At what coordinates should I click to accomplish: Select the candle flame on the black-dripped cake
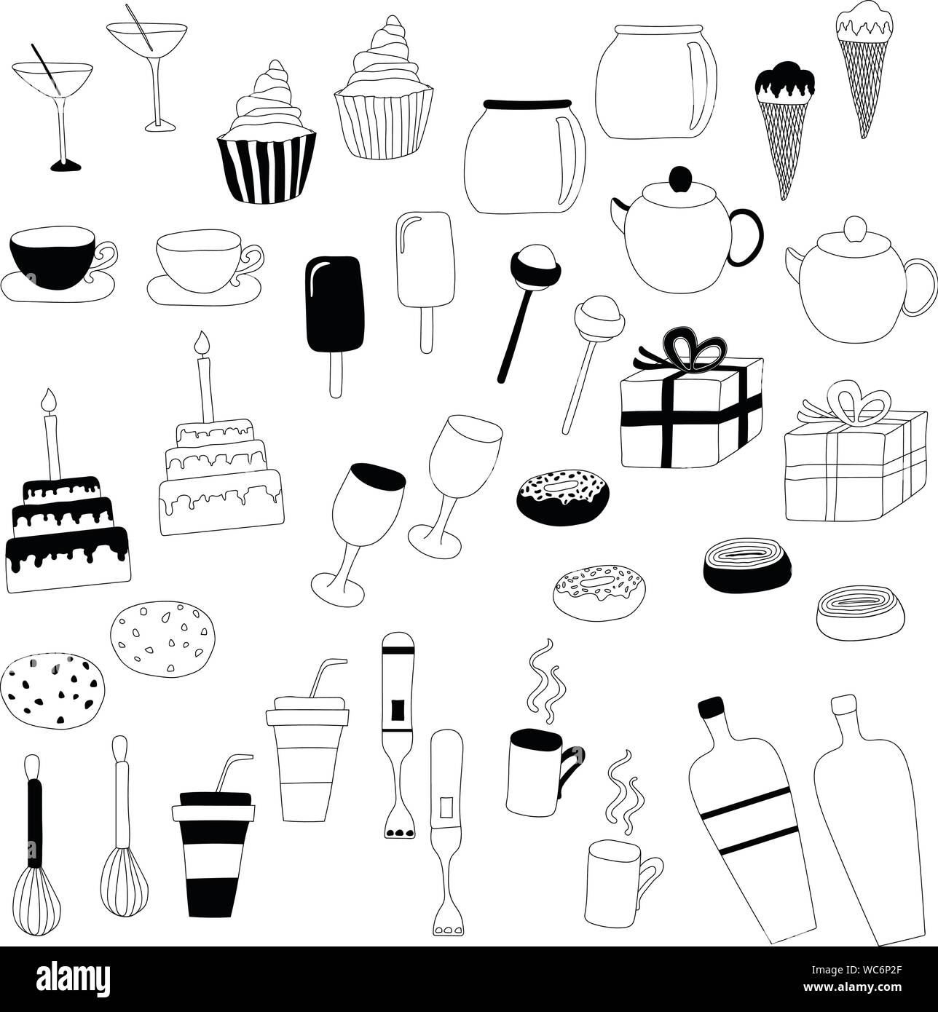(x=50, y=400)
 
